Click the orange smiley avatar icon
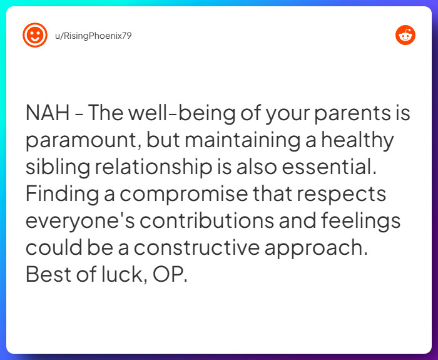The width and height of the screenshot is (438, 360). (35, 35)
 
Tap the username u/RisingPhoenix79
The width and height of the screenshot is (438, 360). (93, 36)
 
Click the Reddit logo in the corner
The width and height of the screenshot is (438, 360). (405, 36)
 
